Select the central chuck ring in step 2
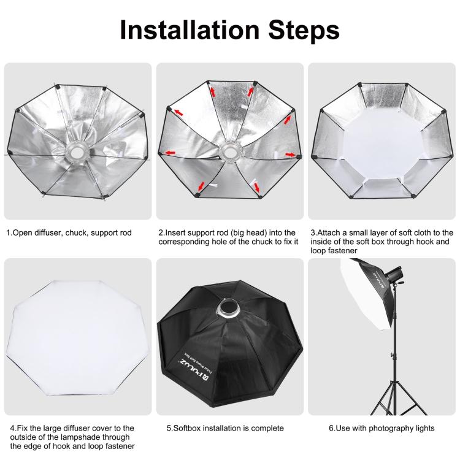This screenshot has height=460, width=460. pyautogui.click(x=229, y=150)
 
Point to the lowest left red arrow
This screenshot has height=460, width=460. pyautogui.click(x=201, y=183)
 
